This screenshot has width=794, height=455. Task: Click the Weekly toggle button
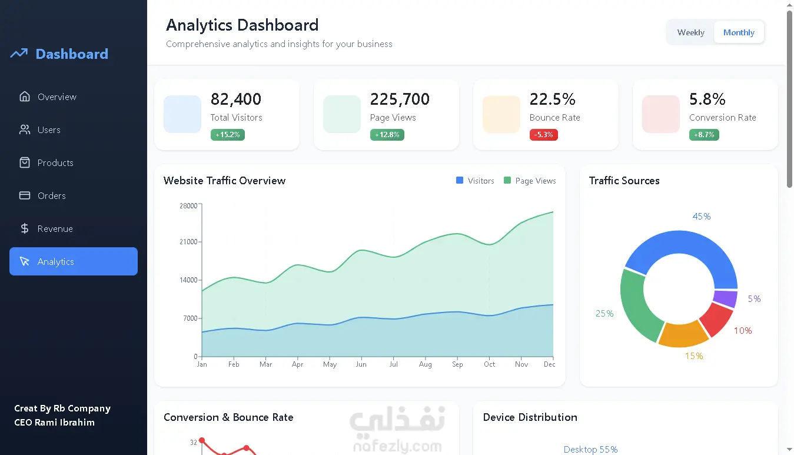[690, 32]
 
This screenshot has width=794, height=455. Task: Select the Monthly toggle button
[739, 32]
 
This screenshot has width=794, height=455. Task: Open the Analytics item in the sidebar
[74, 261]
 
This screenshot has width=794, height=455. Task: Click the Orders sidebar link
[51, 195]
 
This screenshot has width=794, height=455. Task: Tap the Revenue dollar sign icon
[25, 228]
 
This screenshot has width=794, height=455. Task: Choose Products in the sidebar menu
[55, 162]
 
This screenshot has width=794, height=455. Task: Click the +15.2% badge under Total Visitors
[228, 135]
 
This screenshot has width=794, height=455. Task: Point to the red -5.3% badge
[544, 135]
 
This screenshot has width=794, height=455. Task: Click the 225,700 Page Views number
[400, 99]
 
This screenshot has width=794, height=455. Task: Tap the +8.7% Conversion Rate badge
[704, 135]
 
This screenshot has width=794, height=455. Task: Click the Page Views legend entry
[530, 181]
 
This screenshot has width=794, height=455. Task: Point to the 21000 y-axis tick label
[188, 242]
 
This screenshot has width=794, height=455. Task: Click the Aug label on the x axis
[425, 364]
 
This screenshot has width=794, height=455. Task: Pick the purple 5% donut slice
[726, 298]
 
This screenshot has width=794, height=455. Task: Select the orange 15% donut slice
[683, 333]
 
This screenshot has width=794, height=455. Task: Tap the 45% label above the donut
[701, 217]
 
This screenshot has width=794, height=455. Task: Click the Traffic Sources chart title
[624, 181]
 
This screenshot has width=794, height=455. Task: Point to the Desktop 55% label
[590, 450]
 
